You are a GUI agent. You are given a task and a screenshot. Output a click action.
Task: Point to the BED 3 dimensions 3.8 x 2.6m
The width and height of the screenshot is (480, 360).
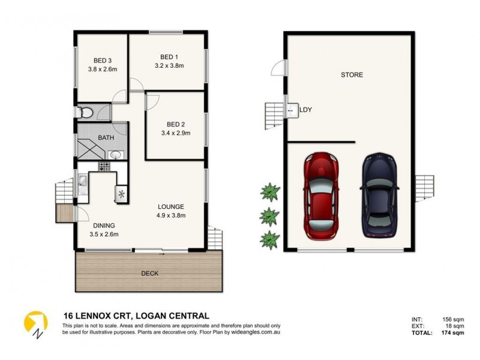pos(101,69)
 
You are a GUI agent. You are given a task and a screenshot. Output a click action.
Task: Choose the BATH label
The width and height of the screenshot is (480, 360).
pos(106,137)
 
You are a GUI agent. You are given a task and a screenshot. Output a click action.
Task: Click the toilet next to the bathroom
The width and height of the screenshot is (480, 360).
pos(85,112)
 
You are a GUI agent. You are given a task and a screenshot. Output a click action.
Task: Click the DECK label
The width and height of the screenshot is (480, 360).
pos(149,273)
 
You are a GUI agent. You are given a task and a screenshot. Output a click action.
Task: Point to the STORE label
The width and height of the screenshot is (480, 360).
pos(352,75)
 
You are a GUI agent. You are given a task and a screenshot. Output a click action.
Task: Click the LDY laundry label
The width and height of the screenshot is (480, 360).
pos(306,110)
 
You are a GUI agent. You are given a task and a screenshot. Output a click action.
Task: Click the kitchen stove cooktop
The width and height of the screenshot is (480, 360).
pos(104,166)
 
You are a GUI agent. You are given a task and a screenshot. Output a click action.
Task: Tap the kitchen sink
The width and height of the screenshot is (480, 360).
pos(83,181)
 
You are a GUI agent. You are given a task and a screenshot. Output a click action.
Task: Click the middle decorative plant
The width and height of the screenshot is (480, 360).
pos(269,216)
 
